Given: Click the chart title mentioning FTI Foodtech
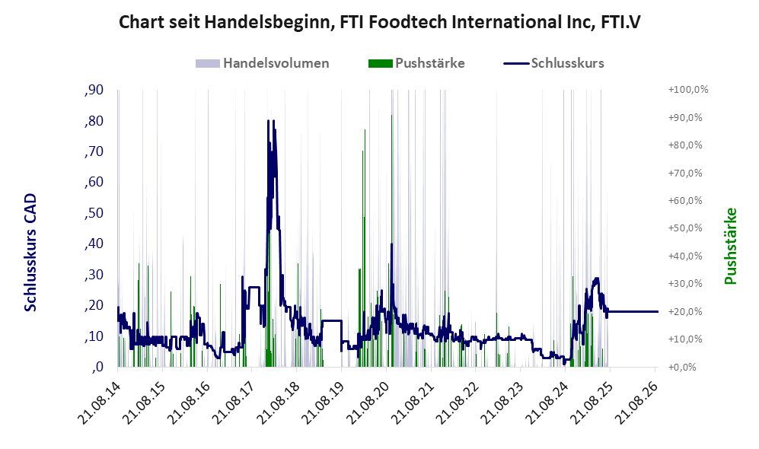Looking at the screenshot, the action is [x=379, y=22].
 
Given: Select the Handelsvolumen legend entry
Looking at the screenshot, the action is [x=263, y=63].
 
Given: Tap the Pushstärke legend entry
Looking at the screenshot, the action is [x=416, y=63].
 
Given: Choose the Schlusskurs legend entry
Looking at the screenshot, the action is [x=553, y=63].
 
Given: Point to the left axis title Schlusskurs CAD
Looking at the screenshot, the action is [x=30, y=252].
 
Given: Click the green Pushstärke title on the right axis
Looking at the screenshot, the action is [x=730, y=246].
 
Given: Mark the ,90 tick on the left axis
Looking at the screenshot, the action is [x=94, y=90].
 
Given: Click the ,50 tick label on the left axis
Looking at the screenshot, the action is [x=94, y=213].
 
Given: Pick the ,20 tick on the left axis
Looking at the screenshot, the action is [x=94, y=305].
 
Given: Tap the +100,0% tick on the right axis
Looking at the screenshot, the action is [x=688, y=90].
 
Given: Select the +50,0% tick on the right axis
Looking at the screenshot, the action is [x=685, y=228].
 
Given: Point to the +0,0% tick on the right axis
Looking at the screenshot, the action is [x=683, y=368].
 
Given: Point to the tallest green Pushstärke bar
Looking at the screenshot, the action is [x=391, y=240].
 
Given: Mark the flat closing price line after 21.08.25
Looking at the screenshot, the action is [x=633, y=311].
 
